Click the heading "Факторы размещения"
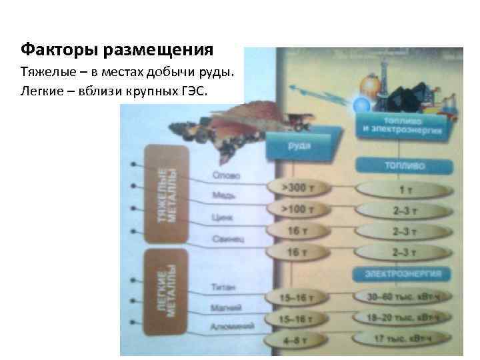(x=117, y=50)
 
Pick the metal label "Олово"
(x=223, y=176)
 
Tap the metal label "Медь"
(x=222, y=196)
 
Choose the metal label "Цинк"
(x=221, y=217)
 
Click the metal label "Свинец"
(x=225, y=237)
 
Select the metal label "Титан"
(x=221, y=287)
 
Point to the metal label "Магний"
(x=225, y=307)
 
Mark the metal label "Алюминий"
(x=231, y=327)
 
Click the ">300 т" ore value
(x=297, y=189)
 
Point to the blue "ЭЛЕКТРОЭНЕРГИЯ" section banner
(x=407, y=274)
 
